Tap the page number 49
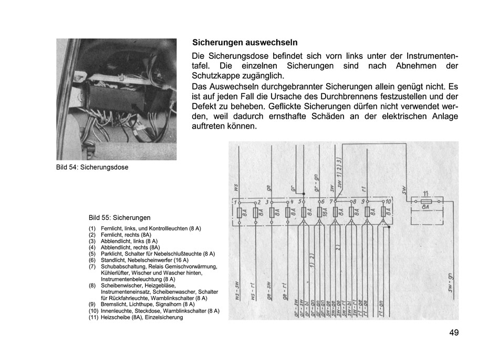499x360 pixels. tap(454, 333)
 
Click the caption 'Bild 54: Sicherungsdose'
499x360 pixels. tap(92, 167)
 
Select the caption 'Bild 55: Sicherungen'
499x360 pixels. tap(120, 217)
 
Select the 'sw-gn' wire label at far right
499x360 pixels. tap(450, 283)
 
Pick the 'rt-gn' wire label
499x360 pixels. tap(380, 307)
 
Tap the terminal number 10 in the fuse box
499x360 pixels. tap(389, 202)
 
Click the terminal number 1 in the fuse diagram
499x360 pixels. tap(236, 202)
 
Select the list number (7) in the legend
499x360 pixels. tap(92, 267)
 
